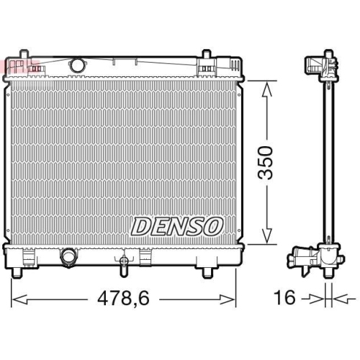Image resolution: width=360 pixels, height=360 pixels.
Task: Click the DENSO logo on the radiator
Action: (x=176, y=226)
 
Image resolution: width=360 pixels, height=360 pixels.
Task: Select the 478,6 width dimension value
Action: (x=123, y=297)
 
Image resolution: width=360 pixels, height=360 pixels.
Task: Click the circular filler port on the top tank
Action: (x=76, y=64)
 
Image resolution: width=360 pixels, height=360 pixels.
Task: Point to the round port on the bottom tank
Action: (x=69, y=256)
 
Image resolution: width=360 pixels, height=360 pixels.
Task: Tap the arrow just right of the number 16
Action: (x=313, y=297)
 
